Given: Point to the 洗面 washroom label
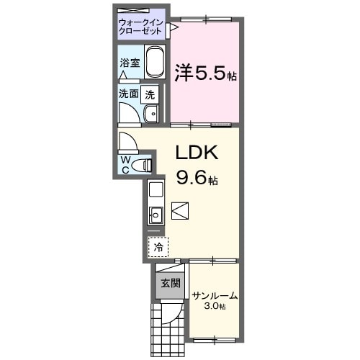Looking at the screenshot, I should click(129, 94).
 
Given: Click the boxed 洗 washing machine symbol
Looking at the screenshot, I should click(149, 94).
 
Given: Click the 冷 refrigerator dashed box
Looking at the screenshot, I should click(158, 246).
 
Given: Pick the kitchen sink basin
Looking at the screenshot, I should click(156, 214).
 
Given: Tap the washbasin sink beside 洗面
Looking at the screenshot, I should click(150, 114).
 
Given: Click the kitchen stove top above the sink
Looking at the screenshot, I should click(156, 192).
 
